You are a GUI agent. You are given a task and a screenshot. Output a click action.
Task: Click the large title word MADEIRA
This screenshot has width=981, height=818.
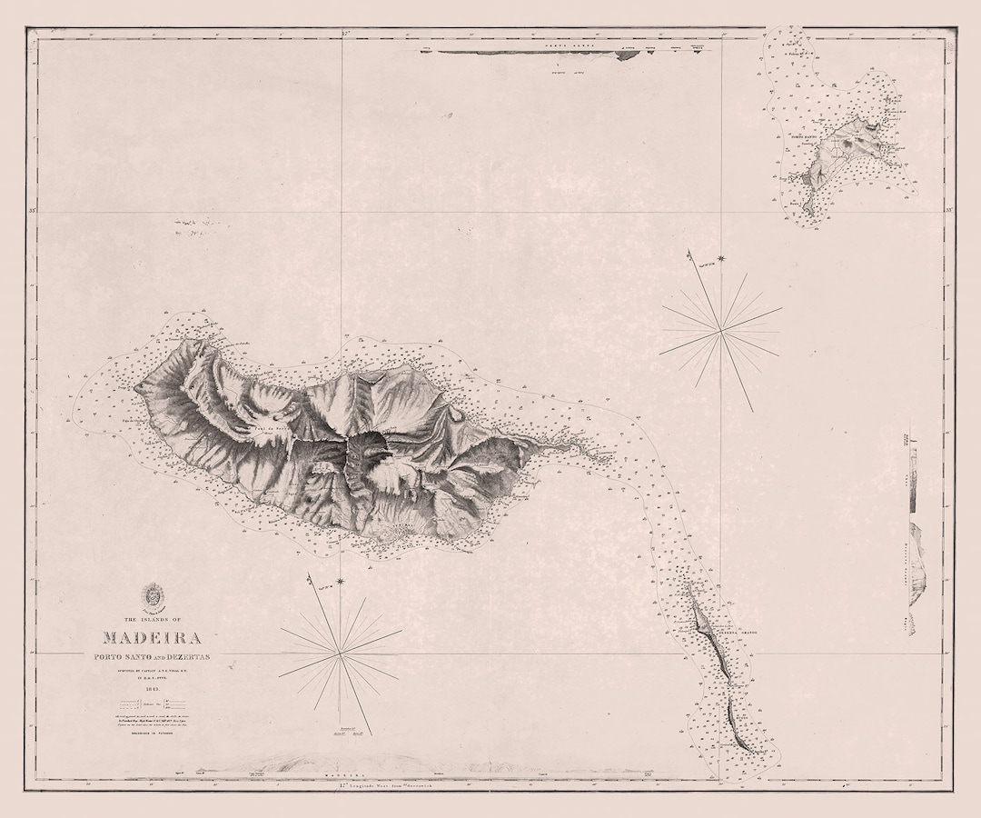pyautogui.click(x=152, y=639)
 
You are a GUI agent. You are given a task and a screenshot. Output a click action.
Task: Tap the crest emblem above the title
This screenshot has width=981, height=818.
pyautogui.click(x=152, y=596)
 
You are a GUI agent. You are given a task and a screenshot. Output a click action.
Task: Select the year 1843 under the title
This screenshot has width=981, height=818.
pyautogui.click(x=151, y=690)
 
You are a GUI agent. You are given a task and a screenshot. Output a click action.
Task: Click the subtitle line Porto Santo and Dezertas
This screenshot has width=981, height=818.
pyautogui.click(x=152, y=657)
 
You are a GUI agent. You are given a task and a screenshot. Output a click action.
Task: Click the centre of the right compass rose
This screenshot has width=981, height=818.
pyautogui.click(x=721, y=333)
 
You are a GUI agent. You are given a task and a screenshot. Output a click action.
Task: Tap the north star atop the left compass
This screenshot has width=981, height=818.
pyautogui.click(x=341, y=581)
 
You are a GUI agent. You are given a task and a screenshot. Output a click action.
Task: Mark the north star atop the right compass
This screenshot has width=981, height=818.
pyautogui.click(x=722, y=261)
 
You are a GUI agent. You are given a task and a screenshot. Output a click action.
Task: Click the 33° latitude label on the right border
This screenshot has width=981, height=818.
pyautogui.click(x=949, y=211)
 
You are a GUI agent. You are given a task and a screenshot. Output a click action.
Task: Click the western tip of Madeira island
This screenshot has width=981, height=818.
pyautogui.click(x=138, y=389)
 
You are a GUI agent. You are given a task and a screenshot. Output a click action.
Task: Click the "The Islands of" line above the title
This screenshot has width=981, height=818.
pyautogui.click(x=152, y=619)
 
